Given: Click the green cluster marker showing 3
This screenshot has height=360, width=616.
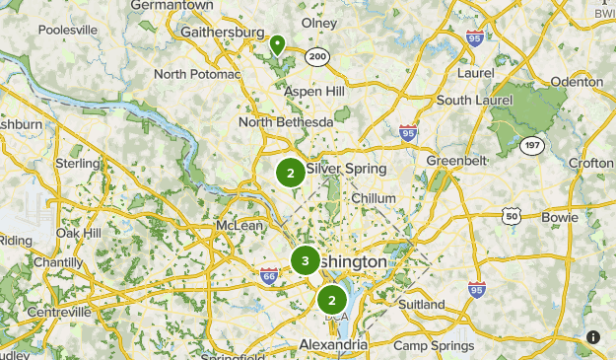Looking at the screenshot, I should click(x=305, y=261).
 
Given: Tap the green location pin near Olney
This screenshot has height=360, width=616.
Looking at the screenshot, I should click(x=278, y=44).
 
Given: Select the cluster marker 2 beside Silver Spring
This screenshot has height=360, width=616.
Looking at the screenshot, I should click(x=290, y=174).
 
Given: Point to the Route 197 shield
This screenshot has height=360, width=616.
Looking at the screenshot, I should click(x=532, y=145).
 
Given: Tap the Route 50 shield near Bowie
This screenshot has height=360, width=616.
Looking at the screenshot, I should click(x=510, y=215).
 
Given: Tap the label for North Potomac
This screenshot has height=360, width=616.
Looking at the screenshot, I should click(x=197, y=74).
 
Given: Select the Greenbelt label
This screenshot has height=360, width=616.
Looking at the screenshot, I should click(x=456, y=161).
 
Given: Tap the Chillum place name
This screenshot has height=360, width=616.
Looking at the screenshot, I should click(x=374, y=198).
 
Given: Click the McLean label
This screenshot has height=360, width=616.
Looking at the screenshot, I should click(x=240, y=226).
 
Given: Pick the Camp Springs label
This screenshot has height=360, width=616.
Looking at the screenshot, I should click(x=434, y=345).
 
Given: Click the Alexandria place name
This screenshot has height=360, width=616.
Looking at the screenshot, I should click(x=333, y=346).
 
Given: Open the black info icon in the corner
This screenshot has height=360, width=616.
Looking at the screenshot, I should click(x=593, y=337).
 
